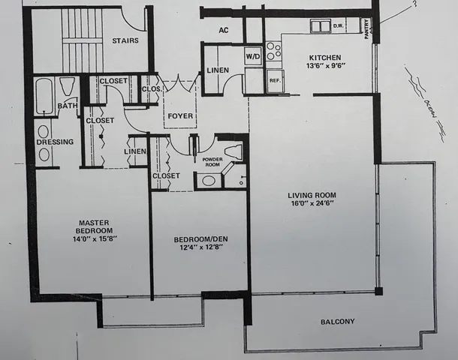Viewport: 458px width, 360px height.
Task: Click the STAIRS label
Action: click(x=125, y=40)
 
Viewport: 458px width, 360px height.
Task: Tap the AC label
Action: click(x=223, y=31)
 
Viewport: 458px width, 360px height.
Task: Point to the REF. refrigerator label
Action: click(x=274, y=80)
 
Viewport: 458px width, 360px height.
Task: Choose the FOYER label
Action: click(x=180, y=116)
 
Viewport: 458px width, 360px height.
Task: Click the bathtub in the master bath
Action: click(x=44, y=95)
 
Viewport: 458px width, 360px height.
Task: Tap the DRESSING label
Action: click(x=56, y=142)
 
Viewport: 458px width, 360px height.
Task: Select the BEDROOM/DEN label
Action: click(x=199, y=240)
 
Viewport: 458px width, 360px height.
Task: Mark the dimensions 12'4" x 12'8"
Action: click(x=199, y=250)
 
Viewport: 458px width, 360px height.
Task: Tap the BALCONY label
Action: click(x=337, y=322)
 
